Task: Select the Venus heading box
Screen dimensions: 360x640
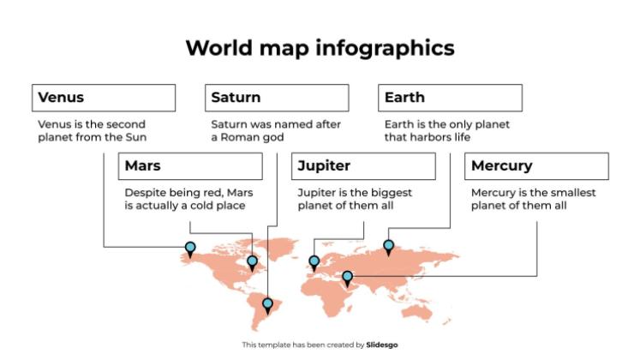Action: pyautogui.click(x=104, y=98)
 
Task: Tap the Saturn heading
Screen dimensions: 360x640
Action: pyautogui.click(x=277, y=98)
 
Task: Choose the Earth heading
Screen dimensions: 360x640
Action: pyautogui.click(x=450, y=98)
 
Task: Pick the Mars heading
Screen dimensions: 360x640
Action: pyautogui.click(x=190, y=166)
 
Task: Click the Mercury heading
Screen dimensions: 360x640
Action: pyautogui.click(x=536, y=166)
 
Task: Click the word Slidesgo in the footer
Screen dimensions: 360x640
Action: pyautogui.click(x=382, y=345)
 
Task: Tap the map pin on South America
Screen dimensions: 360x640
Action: pyautogui.click(x=268, y=303)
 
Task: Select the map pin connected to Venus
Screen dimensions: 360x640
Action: pyautogui.click(x=190, y=249)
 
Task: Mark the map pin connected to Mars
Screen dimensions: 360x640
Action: pyautogui.click(x=252, y=261)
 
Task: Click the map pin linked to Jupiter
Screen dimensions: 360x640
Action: pyautogui.click(x=314, y=261)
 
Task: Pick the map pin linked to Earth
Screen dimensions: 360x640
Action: pyautogui.click(x=388, y=247)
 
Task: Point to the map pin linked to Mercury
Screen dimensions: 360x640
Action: pyautogui.click(x=348, y=277)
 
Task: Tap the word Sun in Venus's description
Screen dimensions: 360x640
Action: pyautogui.click(x=136, y=137)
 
